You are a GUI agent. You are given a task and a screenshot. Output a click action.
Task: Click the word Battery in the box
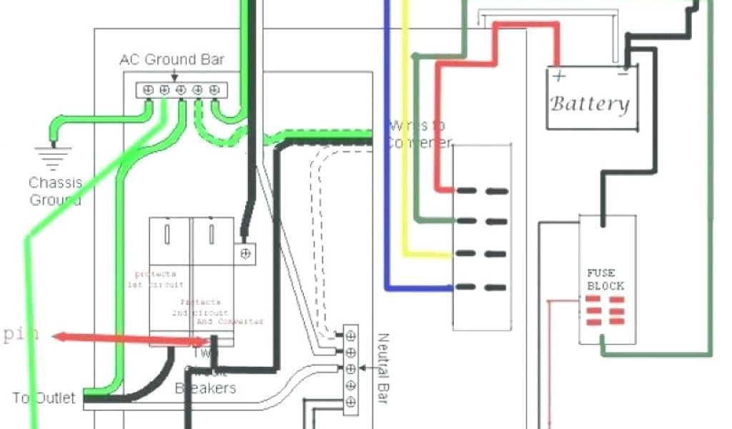point(590,104)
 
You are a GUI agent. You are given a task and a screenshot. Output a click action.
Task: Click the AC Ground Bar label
point(172,59)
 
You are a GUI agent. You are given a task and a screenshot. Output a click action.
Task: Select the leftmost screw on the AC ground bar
point(148,89)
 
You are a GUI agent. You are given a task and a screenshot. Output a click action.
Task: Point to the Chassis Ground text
point(56,191)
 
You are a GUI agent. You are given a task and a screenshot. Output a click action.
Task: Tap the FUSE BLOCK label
point(605,279)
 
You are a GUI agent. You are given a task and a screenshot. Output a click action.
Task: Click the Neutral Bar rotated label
point(380,368)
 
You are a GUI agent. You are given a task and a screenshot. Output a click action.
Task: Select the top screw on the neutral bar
point(350,335)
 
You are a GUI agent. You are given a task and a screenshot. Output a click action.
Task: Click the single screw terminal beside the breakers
point(246,253)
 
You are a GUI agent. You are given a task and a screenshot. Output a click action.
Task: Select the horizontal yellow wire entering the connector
point(429,254)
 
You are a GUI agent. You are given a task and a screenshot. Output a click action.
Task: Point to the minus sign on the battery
point(623,73)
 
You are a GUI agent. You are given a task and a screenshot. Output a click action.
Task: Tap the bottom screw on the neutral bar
point(350,403)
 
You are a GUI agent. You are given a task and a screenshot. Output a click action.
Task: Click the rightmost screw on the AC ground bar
point(214,89)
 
